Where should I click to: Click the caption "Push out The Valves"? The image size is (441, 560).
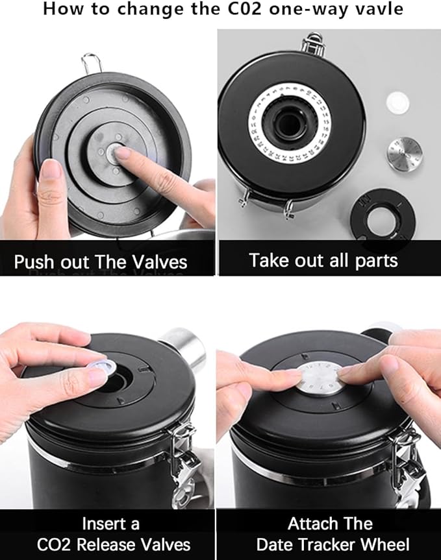101,262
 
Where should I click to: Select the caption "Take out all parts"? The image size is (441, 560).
323,260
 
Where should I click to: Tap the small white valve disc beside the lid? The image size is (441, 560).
396,101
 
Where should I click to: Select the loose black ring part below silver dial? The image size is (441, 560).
383,213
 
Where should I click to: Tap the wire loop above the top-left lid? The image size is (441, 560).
91,64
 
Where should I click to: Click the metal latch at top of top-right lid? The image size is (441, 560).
314,43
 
